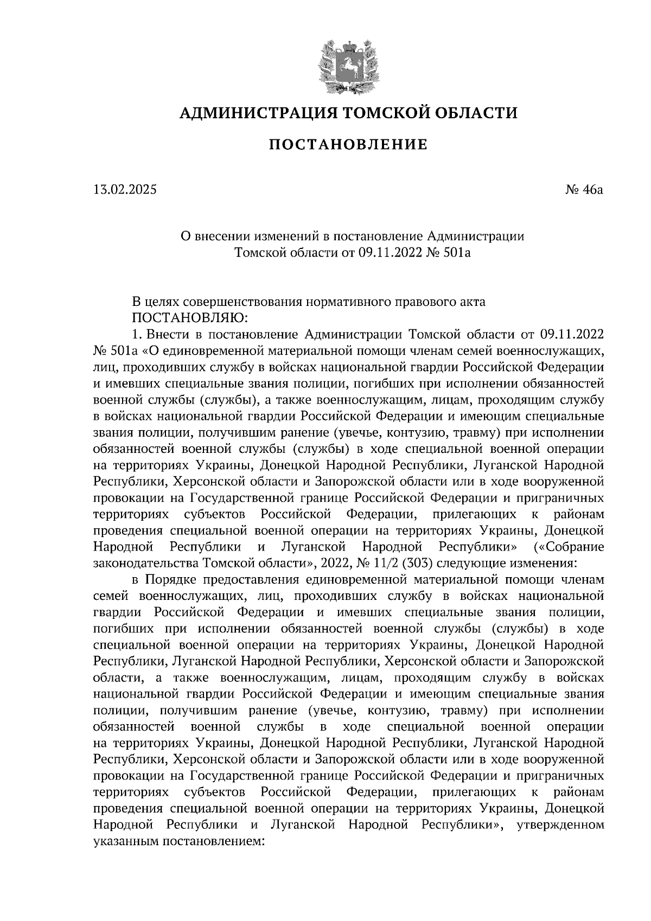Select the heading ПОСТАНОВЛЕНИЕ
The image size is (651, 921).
pyautogui.click(x=349, y=145)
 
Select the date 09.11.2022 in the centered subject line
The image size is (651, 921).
pyautogui.click(x=388, y=252)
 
